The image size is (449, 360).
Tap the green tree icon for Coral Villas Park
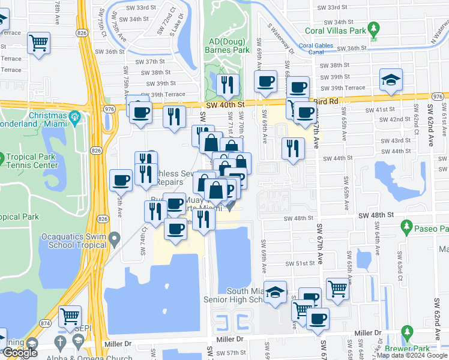[374, 29]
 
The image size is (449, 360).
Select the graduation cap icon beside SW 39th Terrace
[391, 80]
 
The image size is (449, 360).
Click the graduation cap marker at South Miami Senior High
[276, 292]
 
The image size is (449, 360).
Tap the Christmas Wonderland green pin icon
[74, 116]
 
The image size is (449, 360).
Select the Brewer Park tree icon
[408, 331]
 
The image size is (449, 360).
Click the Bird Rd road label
[324, 101]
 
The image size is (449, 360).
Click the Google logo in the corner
[19, 353]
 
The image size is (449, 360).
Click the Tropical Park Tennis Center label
[36, 161]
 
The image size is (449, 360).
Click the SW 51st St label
[300, 263]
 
